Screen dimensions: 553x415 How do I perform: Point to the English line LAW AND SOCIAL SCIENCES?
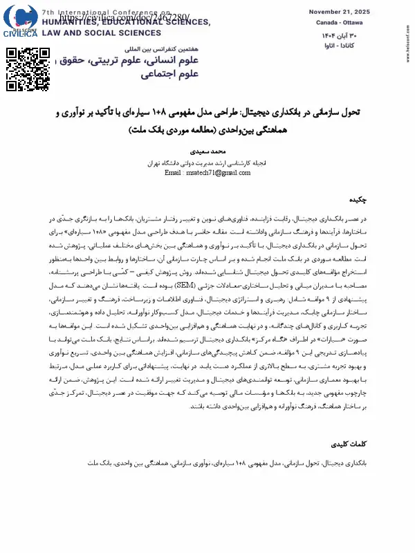click(93, 32)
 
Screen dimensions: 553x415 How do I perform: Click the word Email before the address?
click(173, 173)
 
